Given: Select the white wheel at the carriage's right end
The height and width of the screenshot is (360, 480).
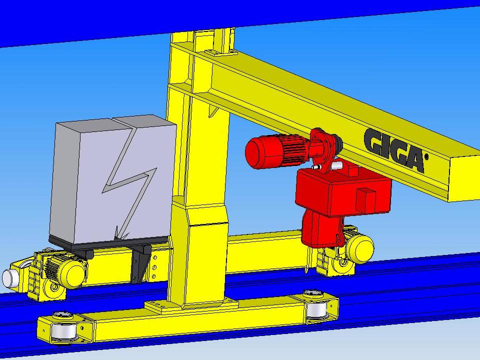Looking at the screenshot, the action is point(316,310).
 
